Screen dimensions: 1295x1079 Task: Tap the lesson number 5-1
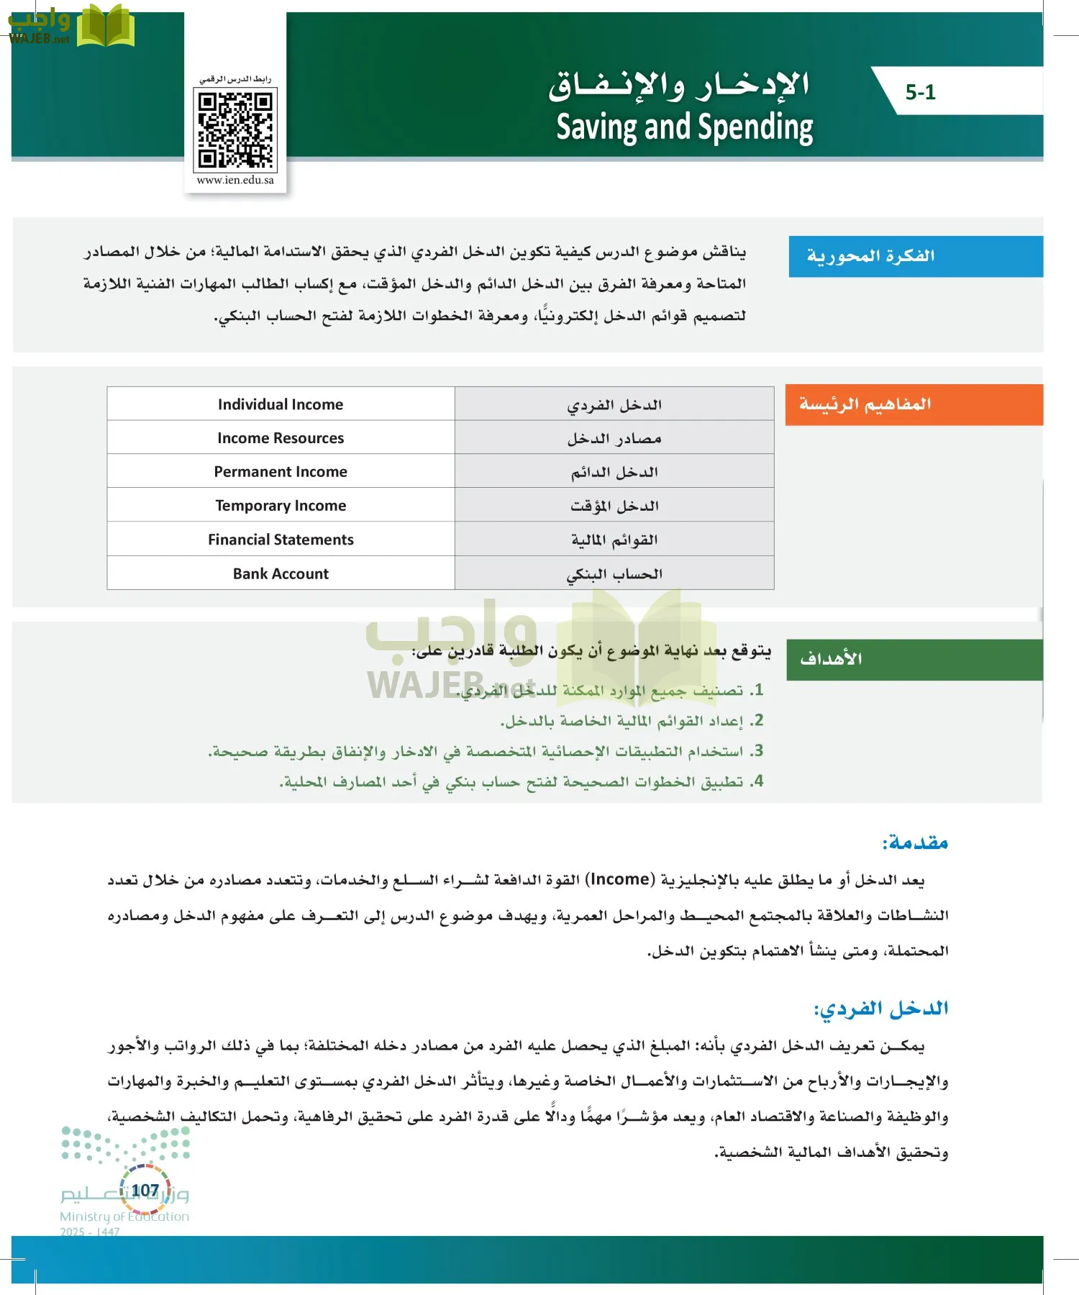point(920,92)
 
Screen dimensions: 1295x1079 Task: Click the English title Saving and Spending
point(684,127)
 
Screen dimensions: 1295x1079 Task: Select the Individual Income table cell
point(281,404)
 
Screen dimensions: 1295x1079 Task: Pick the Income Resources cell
point(281,438)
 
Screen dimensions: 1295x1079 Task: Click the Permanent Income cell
point(281,472)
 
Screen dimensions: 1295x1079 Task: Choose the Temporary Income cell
point(281,506)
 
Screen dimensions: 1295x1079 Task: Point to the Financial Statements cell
point(281,540)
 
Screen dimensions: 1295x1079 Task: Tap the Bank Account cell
point(281,573)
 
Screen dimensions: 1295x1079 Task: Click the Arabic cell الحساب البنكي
point(614,573)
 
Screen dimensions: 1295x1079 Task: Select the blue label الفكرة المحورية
point(870,256)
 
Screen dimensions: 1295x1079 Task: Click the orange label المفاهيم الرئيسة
point(865,404)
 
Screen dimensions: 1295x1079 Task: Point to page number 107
point(145,1191)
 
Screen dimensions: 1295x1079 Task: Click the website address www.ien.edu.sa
point(235,180)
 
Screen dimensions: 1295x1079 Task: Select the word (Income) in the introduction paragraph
point(619,879)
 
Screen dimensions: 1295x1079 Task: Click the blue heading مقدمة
point(915,842)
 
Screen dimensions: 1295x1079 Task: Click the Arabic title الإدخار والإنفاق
point(679,85)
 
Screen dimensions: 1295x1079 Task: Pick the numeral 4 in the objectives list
point(757,781)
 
